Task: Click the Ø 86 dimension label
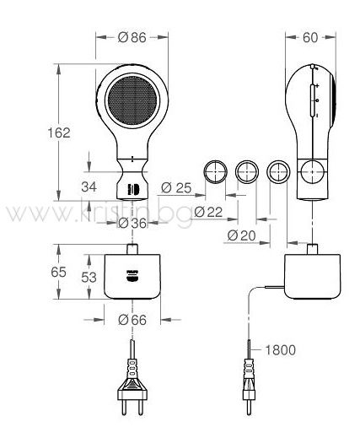(132, 37)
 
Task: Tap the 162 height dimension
(59, 132)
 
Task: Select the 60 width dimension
(310, 37)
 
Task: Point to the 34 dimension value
(89, 186)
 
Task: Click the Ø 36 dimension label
(132, 224)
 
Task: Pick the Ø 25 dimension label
(176, 188)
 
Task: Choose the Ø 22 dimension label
(208, 212)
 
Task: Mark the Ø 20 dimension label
(241, 235)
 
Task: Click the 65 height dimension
(58, 272)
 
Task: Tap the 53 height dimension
(89, 278)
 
